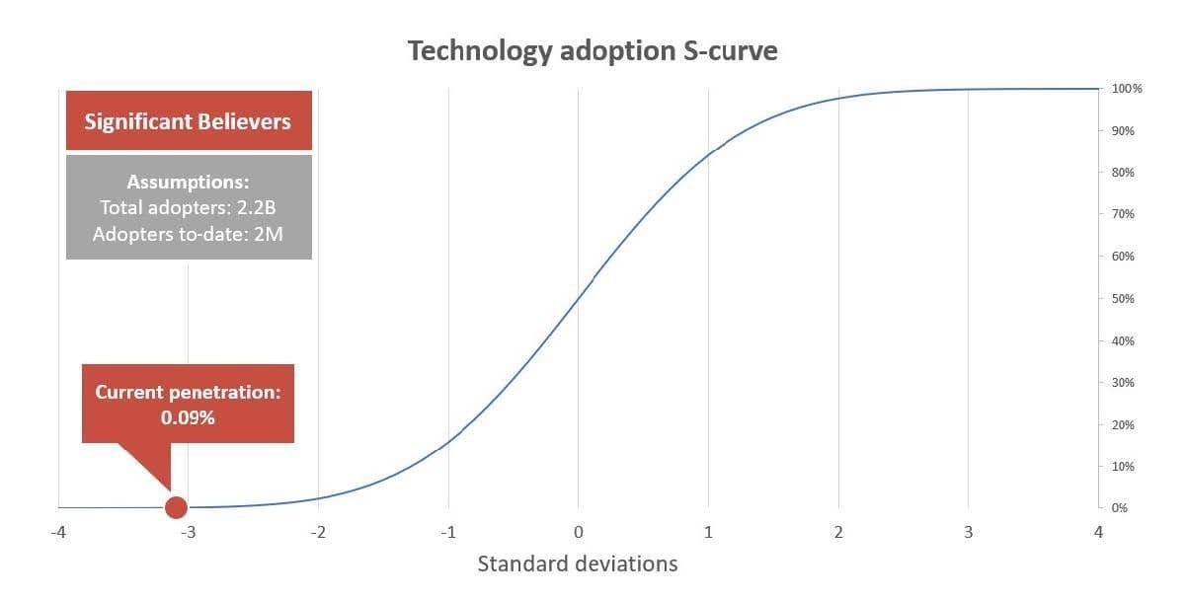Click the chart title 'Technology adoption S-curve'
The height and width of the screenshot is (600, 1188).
(593, 51)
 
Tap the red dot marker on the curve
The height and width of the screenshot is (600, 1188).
(176, 507)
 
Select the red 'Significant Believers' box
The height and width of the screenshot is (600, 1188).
(189, 121)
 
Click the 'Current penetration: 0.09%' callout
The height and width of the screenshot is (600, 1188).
(189, 404)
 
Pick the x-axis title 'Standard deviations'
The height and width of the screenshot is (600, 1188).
(578, 564)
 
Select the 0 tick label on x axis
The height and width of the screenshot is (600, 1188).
(578, 533)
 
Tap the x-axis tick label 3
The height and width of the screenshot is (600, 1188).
(968, 533)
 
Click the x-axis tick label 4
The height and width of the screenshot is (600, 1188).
(1097, 533)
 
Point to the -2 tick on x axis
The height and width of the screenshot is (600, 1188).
(317, 533)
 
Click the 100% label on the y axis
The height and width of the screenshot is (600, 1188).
(1127, 89)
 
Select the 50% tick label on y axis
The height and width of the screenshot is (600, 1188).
(1124, 298)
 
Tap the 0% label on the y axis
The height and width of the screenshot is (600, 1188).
(1121, 508)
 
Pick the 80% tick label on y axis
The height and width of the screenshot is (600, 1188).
(1124, 173)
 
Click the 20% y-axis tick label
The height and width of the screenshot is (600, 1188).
(1124, 424)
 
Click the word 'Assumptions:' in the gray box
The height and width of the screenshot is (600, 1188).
(189, 183)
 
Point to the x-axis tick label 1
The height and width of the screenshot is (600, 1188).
(707, 533)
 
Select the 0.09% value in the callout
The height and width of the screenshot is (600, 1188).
(189, 417)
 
